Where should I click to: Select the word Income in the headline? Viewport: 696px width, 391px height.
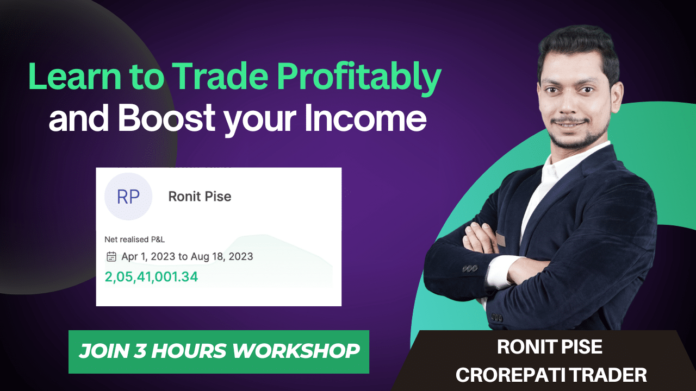365,118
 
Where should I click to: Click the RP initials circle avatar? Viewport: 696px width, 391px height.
128,197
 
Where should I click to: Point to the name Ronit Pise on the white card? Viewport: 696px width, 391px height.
200,196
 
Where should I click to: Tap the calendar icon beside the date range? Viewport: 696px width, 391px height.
111,256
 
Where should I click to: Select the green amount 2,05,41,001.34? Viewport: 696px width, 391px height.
151,277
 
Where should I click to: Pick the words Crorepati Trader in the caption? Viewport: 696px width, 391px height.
551,375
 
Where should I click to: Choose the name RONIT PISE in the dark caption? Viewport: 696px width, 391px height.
550,347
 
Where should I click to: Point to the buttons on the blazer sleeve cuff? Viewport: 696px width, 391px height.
470,268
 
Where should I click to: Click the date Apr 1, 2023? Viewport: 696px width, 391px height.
145,256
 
